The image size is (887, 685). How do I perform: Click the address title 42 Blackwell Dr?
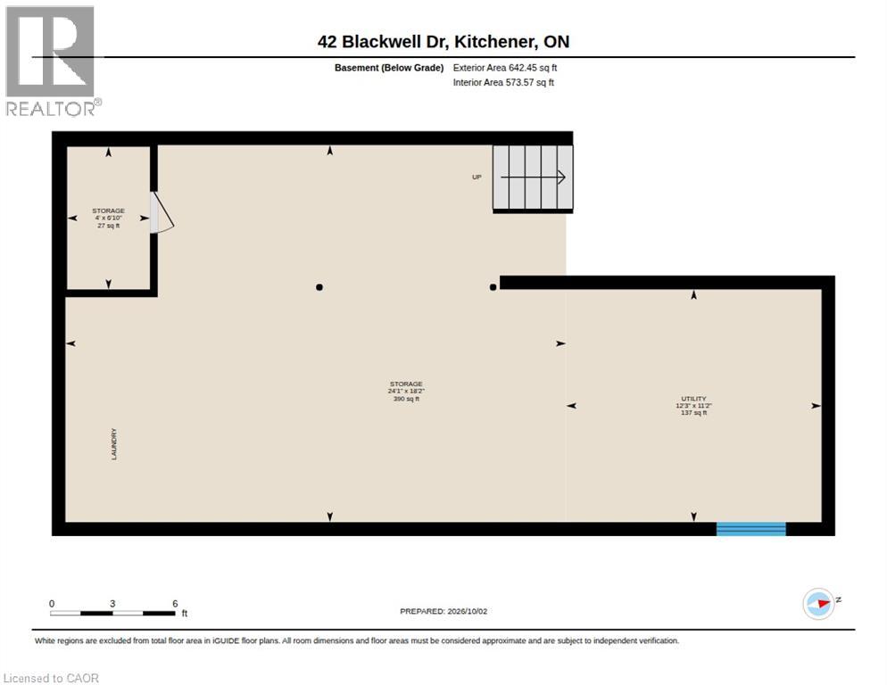tap(384, 41)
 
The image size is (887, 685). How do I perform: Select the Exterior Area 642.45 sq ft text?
tap(504, 68)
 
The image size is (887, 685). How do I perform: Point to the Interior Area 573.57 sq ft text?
tap(503, 83)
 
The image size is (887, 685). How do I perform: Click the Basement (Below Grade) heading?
tap(389, 68)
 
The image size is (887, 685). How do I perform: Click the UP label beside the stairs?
tap(477, 177)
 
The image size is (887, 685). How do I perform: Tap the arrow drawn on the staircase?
tap(533, 177)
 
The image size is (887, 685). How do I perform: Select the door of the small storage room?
tap(162, 212)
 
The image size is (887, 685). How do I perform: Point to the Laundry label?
tap(113, 444)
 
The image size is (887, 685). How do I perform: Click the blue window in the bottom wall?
tap(751, 529)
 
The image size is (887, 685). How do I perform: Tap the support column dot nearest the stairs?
tap(493, 287)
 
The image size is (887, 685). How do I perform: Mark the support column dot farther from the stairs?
tap(319, 287)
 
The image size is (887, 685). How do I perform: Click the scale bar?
tap(112, 613)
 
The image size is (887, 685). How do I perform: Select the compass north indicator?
tap(819, 604)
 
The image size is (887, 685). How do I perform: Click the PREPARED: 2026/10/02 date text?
tap(443, 612)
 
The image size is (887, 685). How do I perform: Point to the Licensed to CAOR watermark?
tap(51, 678)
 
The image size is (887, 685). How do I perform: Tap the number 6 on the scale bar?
tap(175, 604)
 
